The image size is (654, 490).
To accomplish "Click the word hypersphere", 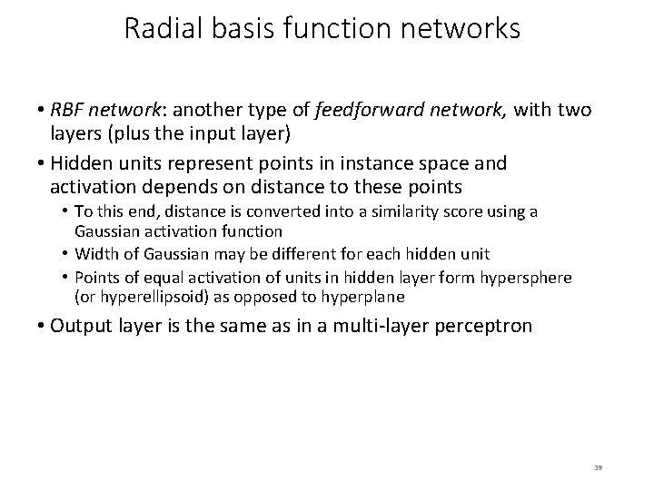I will [x=542, y=277].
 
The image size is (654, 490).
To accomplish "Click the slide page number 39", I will [x=598, y=466].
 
